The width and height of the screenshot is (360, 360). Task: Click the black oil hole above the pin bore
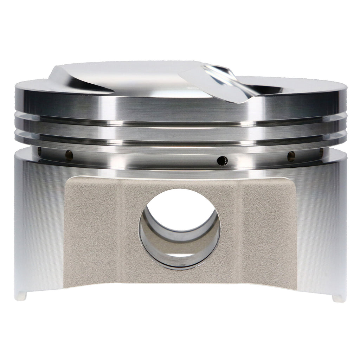222,161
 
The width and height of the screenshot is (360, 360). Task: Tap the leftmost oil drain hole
39,151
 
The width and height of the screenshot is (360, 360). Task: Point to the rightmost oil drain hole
321,152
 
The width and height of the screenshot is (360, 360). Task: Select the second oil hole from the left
69,155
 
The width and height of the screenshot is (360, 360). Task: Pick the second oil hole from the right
291,156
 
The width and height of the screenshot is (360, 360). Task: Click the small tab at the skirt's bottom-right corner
339,298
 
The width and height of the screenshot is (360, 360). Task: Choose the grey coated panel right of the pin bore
260,229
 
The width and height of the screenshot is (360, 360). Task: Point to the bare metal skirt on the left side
39,225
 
